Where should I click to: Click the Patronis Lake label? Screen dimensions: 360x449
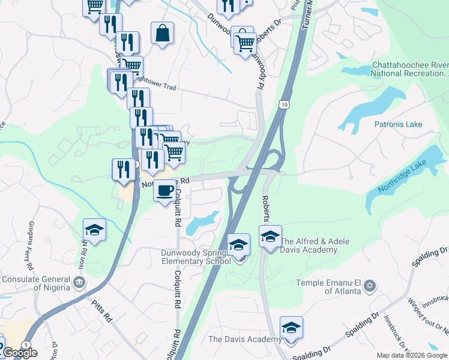(x=399, y=124)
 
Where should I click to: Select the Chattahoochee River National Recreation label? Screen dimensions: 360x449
(x=410, y=69)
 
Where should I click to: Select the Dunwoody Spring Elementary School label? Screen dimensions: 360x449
(x=195, y=257)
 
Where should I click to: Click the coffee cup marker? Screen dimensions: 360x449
(x=166, y=191)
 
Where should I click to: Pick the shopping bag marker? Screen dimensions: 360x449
(x=163, y=33)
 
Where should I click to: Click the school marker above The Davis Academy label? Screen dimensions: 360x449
(x=291, y=328)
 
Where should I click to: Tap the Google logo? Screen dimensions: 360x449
(x=19, y=353)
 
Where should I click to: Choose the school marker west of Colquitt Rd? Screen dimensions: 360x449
(x=94, y=230)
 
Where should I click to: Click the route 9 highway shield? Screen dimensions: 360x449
(x=25, y=344)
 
